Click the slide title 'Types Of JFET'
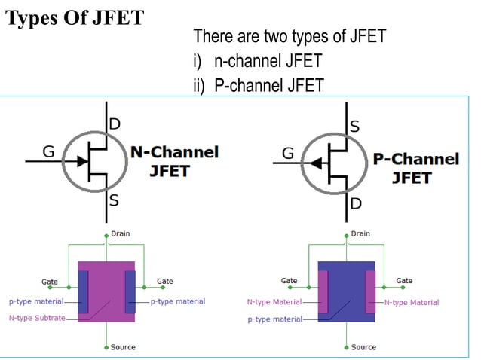click(75, 17)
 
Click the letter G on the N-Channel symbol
click(47, 152)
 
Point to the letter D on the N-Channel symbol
click(115, 123)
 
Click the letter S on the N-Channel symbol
click(114, 201)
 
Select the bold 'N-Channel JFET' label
click(174, 161)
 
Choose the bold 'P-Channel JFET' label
click(415, 168)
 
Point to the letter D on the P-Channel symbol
click(354, 204)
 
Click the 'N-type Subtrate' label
click(37, 319)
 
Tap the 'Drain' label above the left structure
click(120, 234)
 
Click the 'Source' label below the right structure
click(363, 347)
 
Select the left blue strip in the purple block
click(84, 291)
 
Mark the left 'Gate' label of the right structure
click(289, 281)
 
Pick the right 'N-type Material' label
click(411, 303)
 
